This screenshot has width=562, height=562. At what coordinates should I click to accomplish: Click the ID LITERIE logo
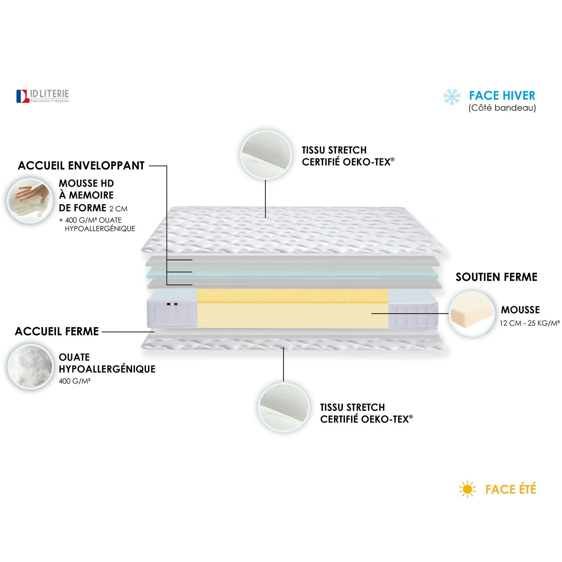(x=43, y=96)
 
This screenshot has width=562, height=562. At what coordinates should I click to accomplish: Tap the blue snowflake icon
(x=452, y=97)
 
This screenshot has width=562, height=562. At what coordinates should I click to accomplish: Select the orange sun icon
(x=468, y=489)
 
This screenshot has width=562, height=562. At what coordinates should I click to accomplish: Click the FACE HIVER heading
(x=502, y=96)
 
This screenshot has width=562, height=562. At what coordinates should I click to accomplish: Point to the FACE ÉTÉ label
(x=511, y=489)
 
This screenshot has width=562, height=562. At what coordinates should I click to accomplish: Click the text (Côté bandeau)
(x=502, y=108)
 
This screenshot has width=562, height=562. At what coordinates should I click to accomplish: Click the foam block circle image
(x=472, y=314)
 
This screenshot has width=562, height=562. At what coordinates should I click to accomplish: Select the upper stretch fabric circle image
(x=266, y=154)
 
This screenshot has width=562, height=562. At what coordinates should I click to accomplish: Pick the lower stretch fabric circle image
(x=284, y=407)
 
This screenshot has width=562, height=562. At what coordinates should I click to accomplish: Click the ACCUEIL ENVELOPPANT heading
(x=81, y=166)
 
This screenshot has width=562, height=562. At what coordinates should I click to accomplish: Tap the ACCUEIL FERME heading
(x=57, y=331)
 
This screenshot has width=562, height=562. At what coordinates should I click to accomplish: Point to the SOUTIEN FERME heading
(x=496, y=277)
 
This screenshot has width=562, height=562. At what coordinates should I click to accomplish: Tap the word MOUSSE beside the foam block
(x=520, y=310)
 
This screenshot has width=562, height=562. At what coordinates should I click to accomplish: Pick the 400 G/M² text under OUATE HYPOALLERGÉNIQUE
(x=74, y=381)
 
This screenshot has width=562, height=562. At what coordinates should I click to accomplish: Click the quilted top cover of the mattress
(x=294, y=230)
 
